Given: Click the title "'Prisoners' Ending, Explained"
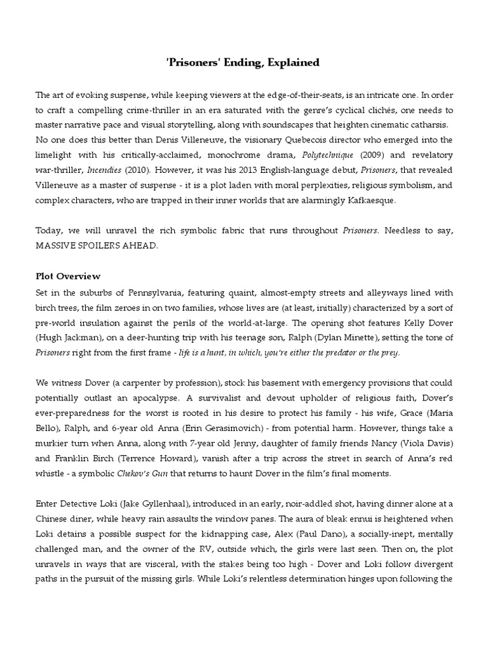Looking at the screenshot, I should (243, 62).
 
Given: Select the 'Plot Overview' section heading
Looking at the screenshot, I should (67, 277).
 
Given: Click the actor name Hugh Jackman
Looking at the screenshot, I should (69, 338).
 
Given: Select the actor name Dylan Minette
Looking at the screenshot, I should (351, 338).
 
